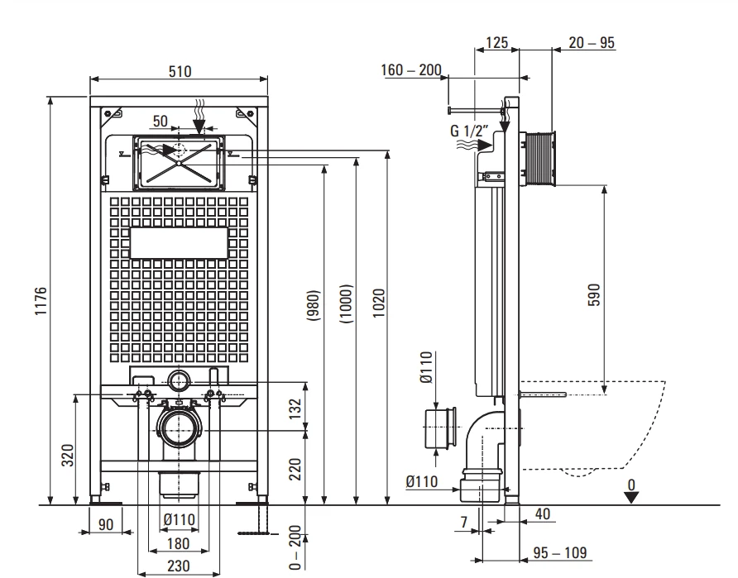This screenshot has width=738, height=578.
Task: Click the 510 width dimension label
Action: pos(180,71)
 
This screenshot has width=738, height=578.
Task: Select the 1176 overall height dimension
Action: pos(41,301)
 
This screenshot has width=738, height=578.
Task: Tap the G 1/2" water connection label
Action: pos(469,131)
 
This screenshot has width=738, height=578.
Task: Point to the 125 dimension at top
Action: pos(496,43)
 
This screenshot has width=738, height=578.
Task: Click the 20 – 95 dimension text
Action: pos(592,43)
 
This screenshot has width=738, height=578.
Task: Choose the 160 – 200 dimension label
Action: pos(411,70)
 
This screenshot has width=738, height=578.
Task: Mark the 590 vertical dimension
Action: pos(594,295)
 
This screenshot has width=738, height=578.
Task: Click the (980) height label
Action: pos(314,305)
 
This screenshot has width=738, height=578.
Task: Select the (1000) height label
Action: pos(346,303)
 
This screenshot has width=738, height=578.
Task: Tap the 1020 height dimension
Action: pos(379,303)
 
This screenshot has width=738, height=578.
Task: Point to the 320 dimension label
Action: pos(68,456)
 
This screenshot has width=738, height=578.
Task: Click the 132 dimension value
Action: pos(295,408)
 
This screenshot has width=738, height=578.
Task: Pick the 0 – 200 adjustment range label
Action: pos(295,547)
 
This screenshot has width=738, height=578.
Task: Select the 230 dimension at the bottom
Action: pos(179,566)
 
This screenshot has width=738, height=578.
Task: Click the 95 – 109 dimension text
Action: pos(560,552)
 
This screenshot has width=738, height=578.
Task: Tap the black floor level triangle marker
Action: pos(631,497)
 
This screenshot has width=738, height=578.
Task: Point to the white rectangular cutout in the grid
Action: pos(179,243)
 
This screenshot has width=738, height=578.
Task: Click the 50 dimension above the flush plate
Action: pos(160,121)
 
